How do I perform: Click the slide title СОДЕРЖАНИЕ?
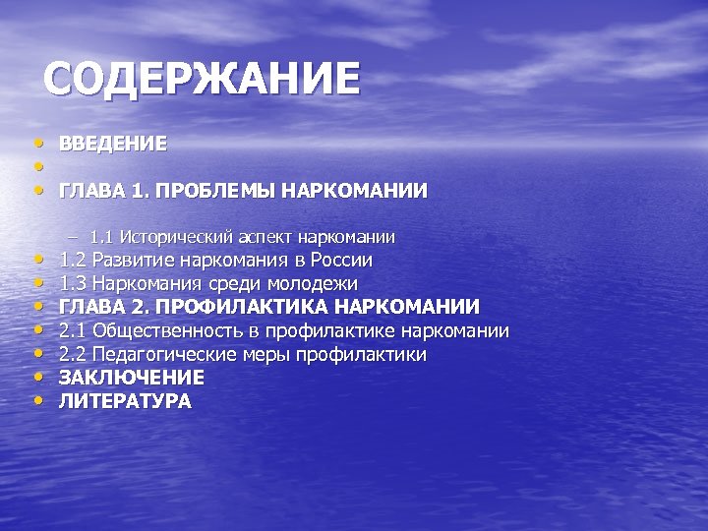(203, 80)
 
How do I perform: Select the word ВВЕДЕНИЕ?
(113, 144)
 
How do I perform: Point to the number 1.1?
(101, 237)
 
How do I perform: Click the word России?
(340, 261)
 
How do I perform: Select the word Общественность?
(167, 330)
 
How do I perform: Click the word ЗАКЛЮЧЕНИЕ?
(132, 378)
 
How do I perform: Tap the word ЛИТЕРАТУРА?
(126, 401)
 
